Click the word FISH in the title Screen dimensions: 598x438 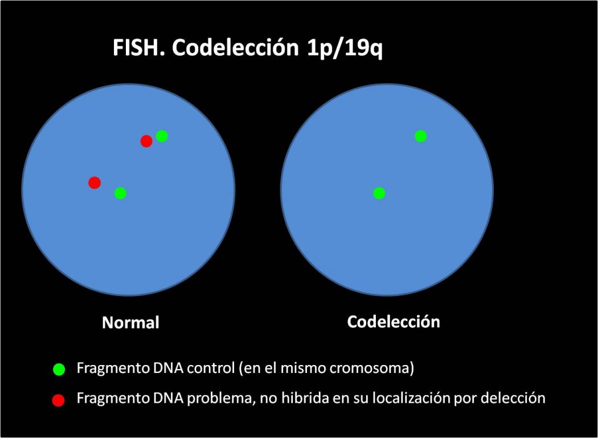tap(136, 48)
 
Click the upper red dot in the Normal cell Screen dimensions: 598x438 tap(146, 141)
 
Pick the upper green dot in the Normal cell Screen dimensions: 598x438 tap(162, 136)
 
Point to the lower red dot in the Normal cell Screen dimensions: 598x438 tap(95, 182)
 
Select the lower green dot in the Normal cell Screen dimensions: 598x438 tap(120, 193)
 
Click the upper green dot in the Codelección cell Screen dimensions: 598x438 tap(420, 136)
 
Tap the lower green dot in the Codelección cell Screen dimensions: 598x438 tap(379, 193)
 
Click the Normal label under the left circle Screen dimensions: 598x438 tap(130, 323)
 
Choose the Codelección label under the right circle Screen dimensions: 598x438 tap(393, 322)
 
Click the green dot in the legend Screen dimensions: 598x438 tap(59, 369)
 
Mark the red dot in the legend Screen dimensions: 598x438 tap(58, 400)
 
